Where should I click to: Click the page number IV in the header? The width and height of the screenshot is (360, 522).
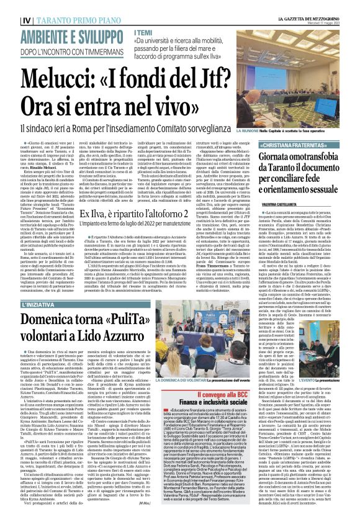[8, 6]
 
